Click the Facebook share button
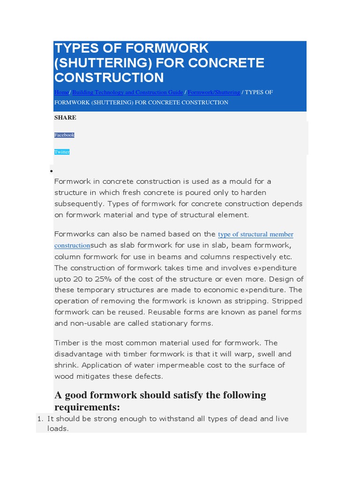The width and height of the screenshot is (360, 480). point(64,135)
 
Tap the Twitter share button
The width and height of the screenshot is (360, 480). point(62,152)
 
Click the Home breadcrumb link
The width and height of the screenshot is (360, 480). point(61,92)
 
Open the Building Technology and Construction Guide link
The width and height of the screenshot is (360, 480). point(127,92)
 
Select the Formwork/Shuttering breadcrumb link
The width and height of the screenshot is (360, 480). point(214,92)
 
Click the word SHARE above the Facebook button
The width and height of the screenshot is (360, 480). point(65,118)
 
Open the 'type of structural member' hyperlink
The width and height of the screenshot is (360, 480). point(255,234)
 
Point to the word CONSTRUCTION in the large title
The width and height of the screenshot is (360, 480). point(109,77)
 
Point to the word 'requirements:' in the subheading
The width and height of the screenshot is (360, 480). point(87,406)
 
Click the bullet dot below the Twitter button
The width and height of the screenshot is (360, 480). point(51,172)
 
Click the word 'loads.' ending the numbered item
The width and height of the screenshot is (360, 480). point(58,428)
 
